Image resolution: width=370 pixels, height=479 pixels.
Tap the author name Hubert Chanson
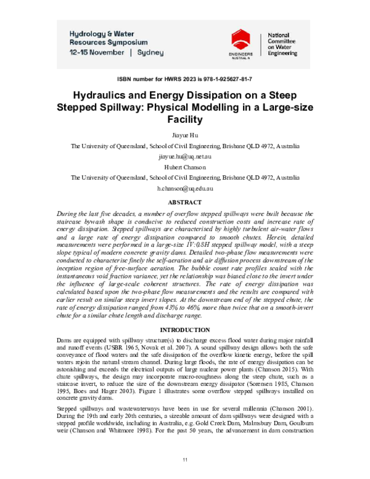coord(185,167)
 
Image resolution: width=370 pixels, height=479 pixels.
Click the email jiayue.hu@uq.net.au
coord(185,157)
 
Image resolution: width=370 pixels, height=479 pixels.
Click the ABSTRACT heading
coord(185,202)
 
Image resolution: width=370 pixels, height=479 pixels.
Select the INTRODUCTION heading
coord(185,329)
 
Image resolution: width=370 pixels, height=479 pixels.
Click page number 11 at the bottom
coord(185,460)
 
